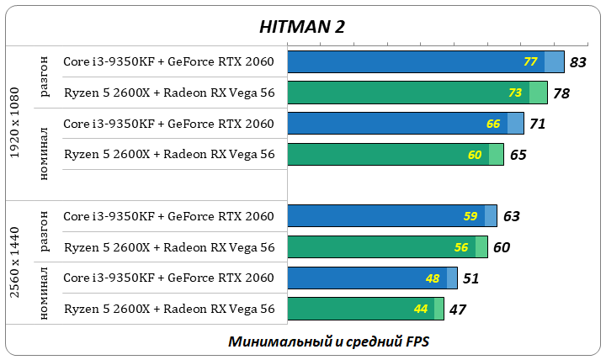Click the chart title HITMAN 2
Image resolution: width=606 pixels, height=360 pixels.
302,26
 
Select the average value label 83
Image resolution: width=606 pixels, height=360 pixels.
577,62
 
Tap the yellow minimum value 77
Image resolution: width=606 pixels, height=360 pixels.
530,62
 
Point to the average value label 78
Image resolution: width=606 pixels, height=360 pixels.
561,93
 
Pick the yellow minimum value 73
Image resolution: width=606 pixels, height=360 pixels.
515,93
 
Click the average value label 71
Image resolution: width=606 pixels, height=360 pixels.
538,124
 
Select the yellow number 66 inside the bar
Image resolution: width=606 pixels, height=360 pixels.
493,124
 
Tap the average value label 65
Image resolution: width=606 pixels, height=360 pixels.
518,155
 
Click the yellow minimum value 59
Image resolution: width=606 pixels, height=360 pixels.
470,216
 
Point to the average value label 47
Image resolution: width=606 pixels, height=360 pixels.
458,309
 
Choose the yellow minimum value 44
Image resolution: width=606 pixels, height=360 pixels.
421,309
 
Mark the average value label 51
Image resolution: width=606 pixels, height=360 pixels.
470,278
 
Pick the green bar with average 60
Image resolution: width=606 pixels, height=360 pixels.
379,247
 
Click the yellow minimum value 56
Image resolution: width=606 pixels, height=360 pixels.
461,247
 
